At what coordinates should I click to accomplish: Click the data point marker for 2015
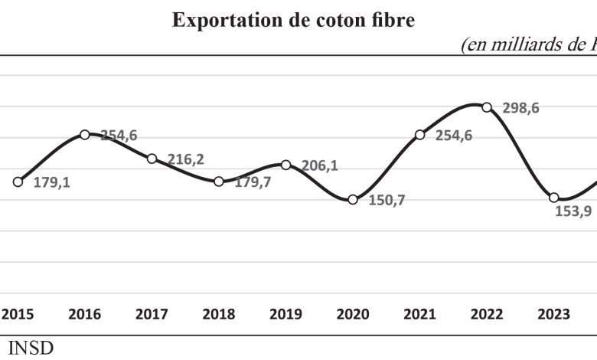[18, 182]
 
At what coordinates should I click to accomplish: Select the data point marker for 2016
[85, 135]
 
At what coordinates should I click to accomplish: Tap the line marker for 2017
[152, 159]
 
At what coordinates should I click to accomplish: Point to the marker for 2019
[285, 165]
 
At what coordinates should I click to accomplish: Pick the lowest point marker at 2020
[353, 199]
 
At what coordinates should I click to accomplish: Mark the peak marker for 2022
[487, 107]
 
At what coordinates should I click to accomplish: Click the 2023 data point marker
[554, 198]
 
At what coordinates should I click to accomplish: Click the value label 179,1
[52, 184]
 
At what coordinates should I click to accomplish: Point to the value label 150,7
[387, 201]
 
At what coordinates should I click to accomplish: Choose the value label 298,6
[521, 109]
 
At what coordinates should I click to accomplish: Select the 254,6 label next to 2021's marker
[455, 136]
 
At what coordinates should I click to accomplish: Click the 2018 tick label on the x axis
[219, 315]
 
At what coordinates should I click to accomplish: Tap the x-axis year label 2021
[419, 315]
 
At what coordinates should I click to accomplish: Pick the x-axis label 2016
[85, 315]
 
